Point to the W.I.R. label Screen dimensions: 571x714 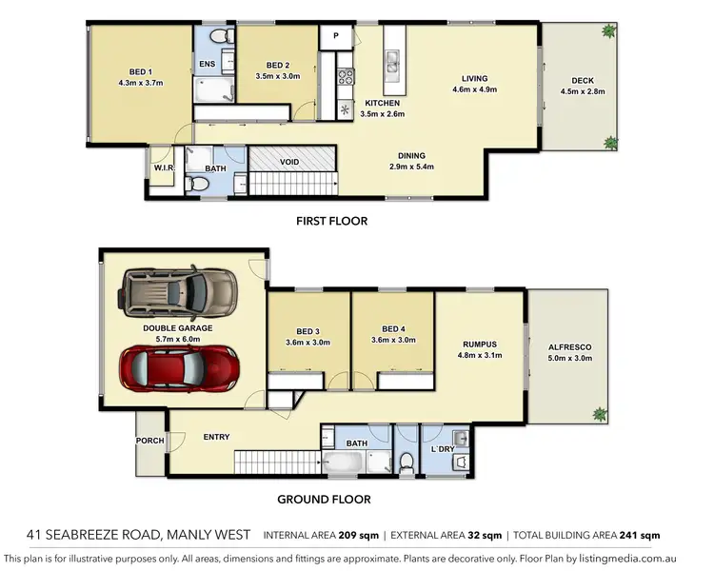tap(163, 167)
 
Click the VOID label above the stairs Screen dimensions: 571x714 tap(289, 162)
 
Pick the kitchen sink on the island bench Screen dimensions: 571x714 tap(391, 64)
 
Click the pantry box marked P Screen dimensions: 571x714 tap(335, 36)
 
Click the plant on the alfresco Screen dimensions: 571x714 tap(600, 413)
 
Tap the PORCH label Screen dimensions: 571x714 tap(150, 441)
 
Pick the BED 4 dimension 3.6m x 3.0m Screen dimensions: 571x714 tap(393, 341)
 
